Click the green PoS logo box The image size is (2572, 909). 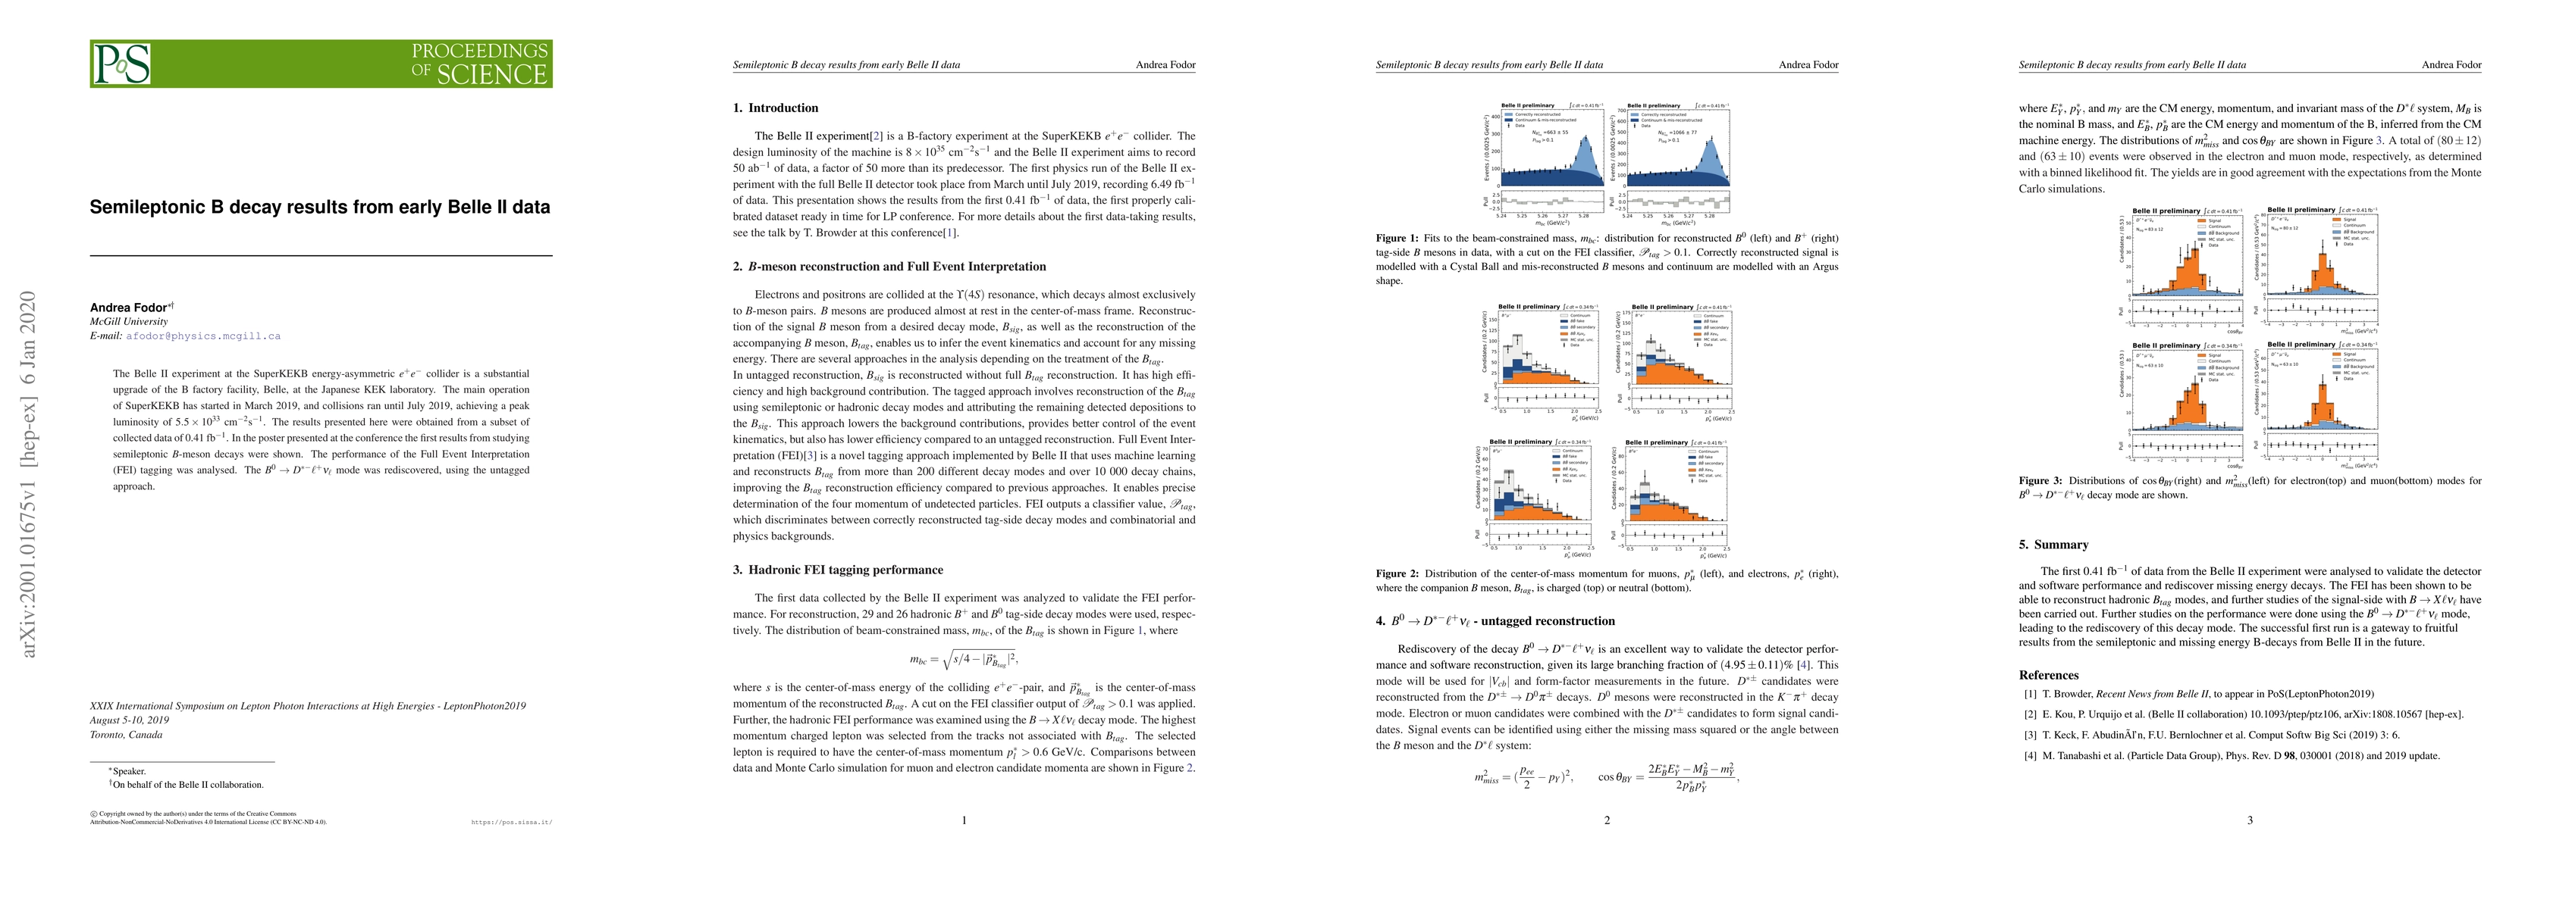click(x=321, y=64)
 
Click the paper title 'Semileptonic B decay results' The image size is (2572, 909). click(x=319, y=208)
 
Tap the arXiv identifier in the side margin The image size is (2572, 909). click(x=30, y=474)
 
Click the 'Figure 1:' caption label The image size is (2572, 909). click(x=1397, y=239)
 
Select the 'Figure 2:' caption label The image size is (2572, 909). click(x=1397, y=573)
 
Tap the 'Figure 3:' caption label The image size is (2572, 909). click(x=2040, y=481)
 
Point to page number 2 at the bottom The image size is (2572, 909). click(x=1607, y=820)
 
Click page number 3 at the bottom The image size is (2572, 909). click(x=2250, y=820)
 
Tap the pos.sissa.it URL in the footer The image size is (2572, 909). click(x=511, y=823)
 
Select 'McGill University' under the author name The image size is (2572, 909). click(x=129, y=322)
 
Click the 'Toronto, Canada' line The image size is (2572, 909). click(x=126, y=734)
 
